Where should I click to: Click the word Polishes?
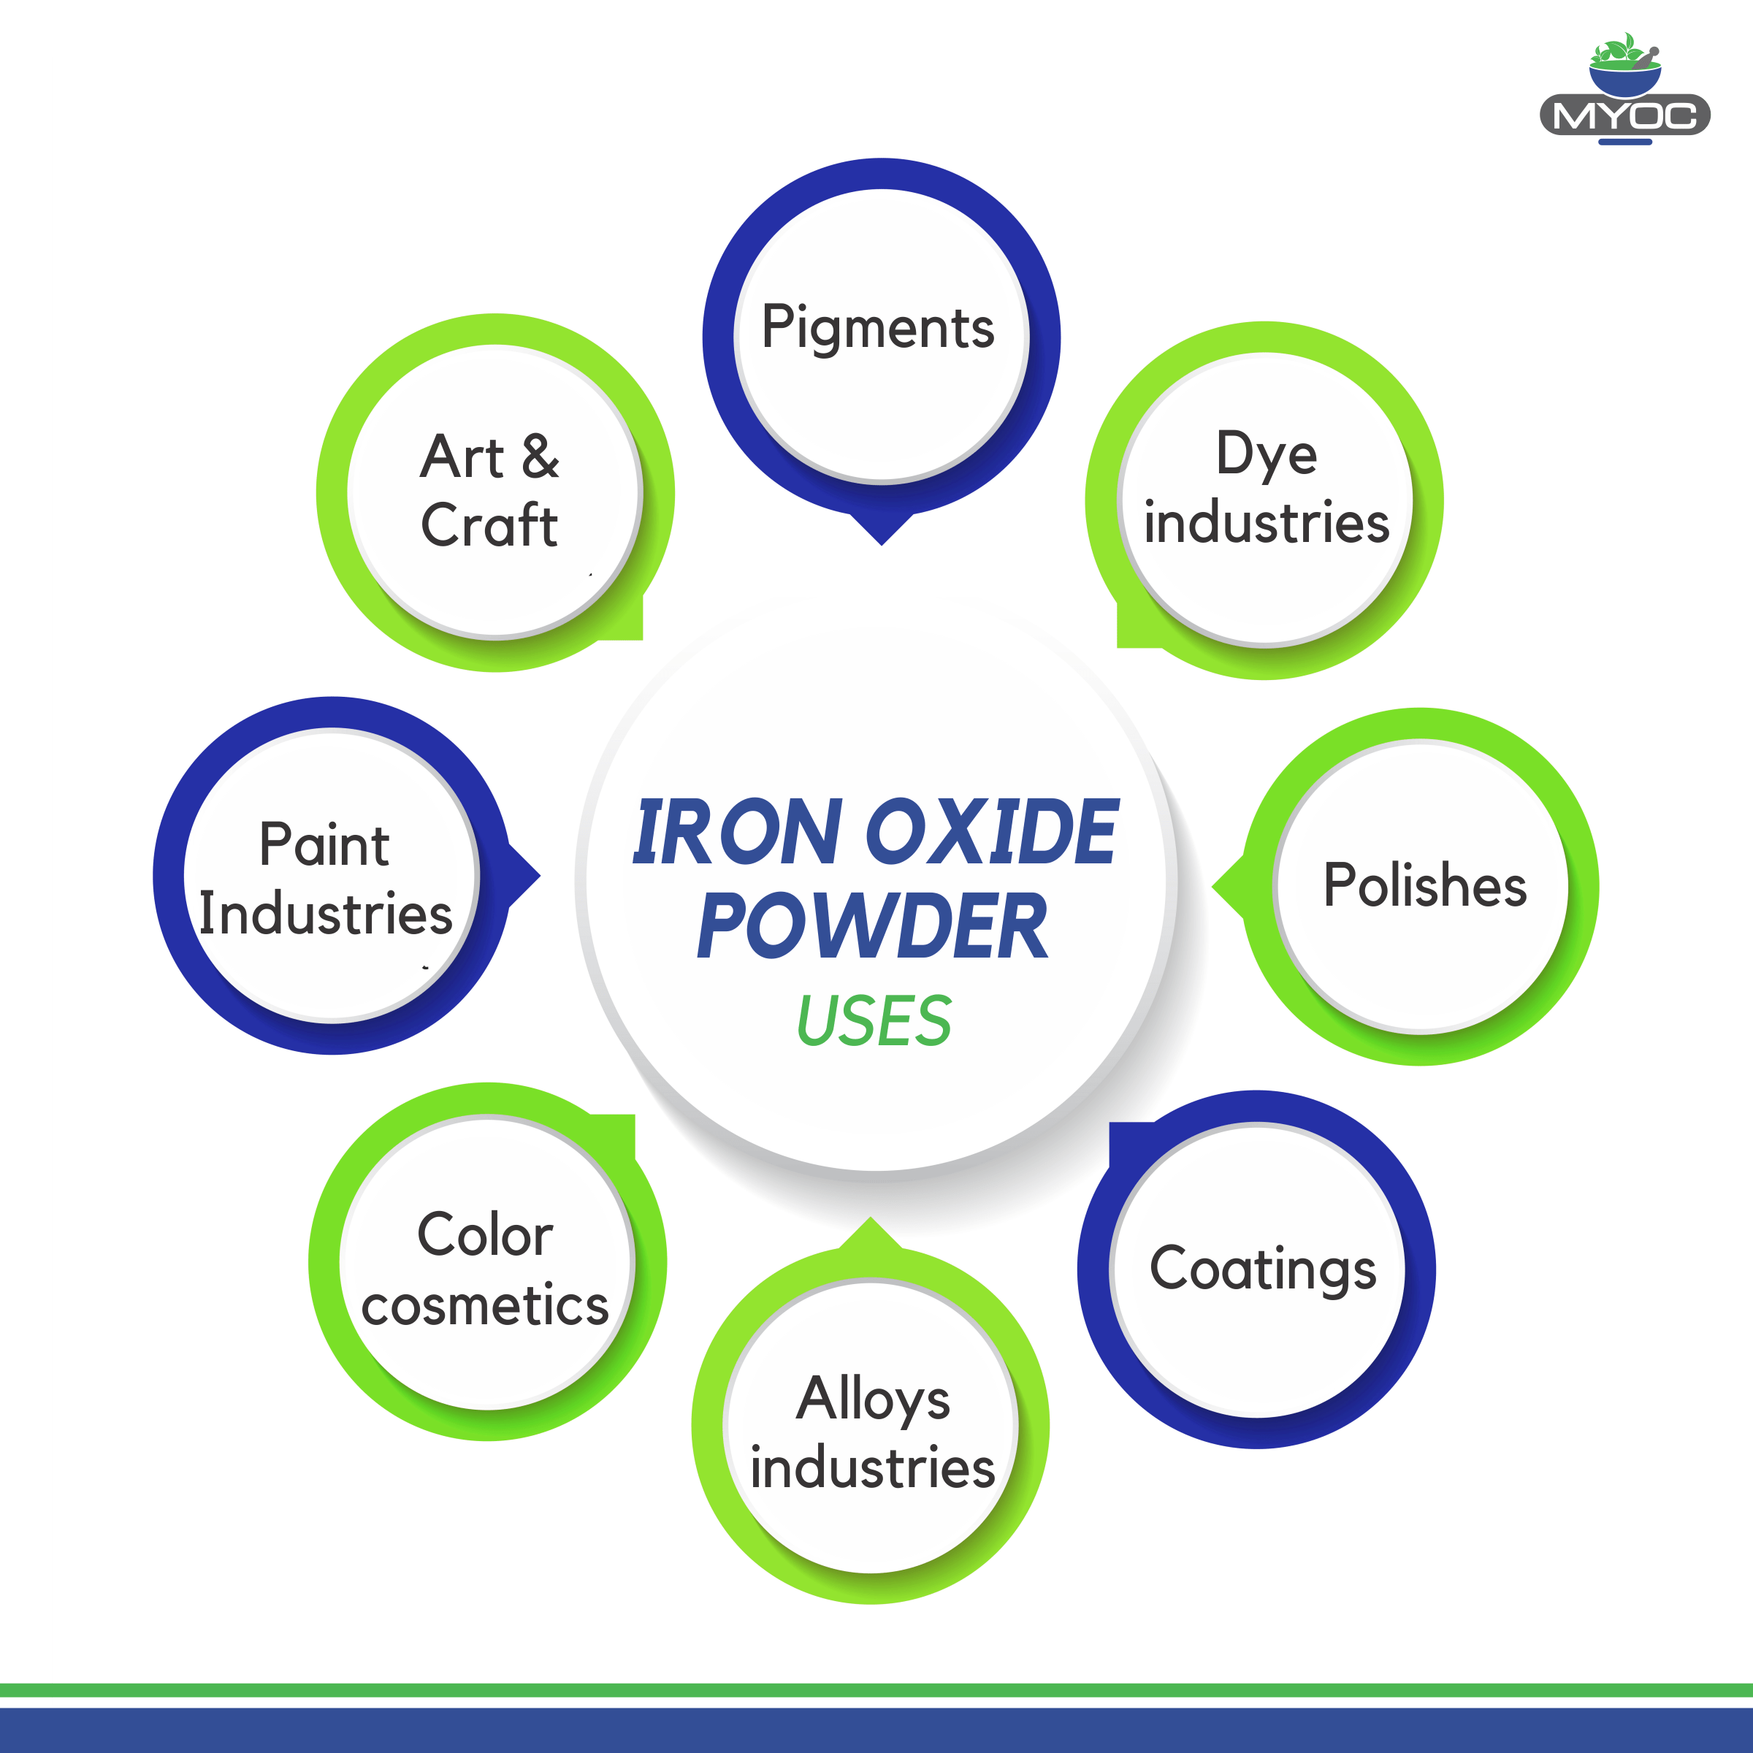click(1424, 885)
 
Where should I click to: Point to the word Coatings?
click(1263, 1270)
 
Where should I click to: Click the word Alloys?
click(873, 1400)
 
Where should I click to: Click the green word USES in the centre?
click(874, 1021)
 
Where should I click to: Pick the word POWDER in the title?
click(872, 925)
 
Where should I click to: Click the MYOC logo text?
click(1625, 116)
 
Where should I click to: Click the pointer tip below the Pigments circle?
click(881, 544)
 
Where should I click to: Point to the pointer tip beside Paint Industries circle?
click(540, 876)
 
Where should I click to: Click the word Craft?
click(489, 525)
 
